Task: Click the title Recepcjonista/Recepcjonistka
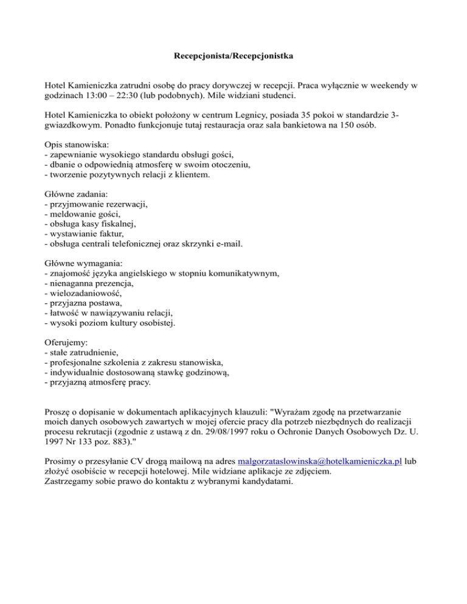click(x=233, y=57)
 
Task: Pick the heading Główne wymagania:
click(x=83, y=263)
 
